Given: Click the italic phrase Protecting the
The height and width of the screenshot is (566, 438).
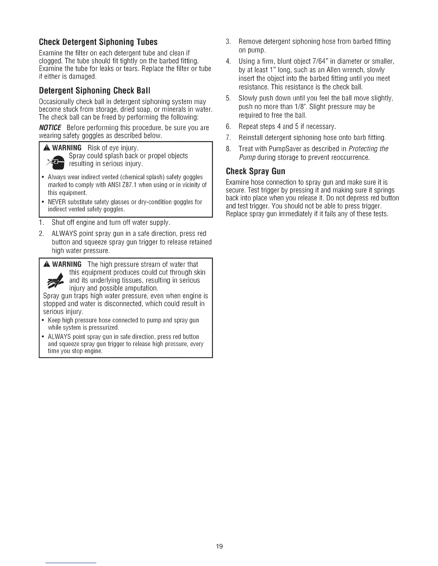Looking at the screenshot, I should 368,149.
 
